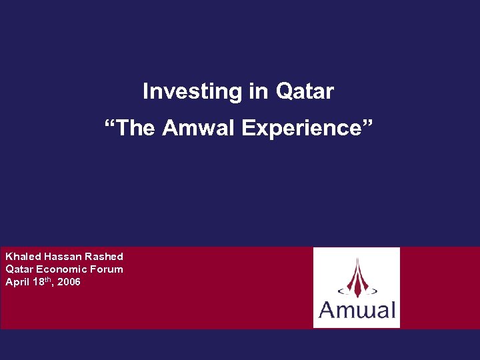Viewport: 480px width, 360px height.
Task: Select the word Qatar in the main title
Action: [x=305, y=91]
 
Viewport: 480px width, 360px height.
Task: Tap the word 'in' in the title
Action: [x=258, y=91]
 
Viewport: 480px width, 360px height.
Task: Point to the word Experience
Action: [x=301, y=128]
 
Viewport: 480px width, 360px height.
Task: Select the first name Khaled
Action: [x=23, y=257]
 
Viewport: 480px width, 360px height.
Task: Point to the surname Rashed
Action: [x=104, y=257]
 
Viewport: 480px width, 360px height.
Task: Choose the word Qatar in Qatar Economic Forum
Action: [x=19, y=269]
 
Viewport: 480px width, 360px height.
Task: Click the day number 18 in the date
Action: [x=37, y=282]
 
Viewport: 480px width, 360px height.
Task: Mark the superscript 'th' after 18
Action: [x=46, y=280]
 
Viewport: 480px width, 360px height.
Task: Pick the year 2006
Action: [x=69, y=282]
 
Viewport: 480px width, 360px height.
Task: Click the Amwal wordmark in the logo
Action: [x=357, y=310]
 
